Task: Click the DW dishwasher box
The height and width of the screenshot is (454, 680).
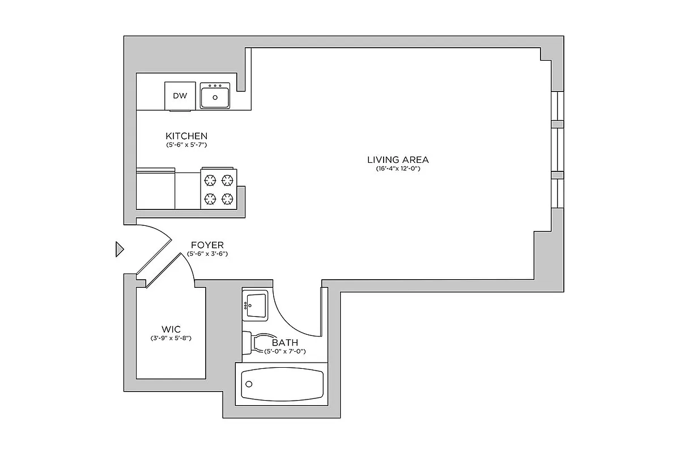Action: click(x=180, y=95)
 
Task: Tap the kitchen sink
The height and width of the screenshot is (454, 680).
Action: click(x=215, y=95)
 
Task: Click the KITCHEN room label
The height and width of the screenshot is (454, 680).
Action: click(x=186, y=136)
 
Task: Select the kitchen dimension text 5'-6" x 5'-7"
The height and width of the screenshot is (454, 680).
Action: click(x=186, y=145)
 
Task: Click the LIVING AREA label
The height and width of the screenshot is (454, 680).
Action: click(x=398, y=159)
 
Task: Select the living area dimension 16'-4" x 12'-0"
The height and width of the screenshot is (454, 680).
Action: click(x=398, y=169)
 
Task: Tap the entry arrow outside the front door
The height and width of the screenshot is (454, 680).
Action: click(x=119, y=249)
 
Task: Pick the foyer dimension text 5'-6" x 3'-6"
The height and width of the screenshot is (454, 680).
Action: click(x=207, y=254)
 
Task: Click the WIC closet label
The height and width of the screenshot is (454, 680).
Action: click(x=171, y=329)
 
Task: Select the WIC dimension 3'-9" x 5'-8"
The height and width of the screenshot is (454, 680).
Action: click(x=171, y=339)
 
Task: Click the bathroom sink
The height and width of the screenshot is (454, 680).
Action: click(x=255, y=305)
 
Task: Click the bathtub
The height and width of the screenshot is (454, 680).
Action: click(x=282, y=386)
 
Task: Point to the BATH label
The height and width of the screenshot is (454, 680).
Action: click(x=285, y=343)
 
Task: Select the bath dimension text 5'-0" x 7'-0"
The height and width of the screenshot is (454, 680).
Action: click(x=285, y=352)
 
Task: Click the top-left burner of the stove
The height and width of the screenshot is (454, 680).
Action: click(x=210, y=180)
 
